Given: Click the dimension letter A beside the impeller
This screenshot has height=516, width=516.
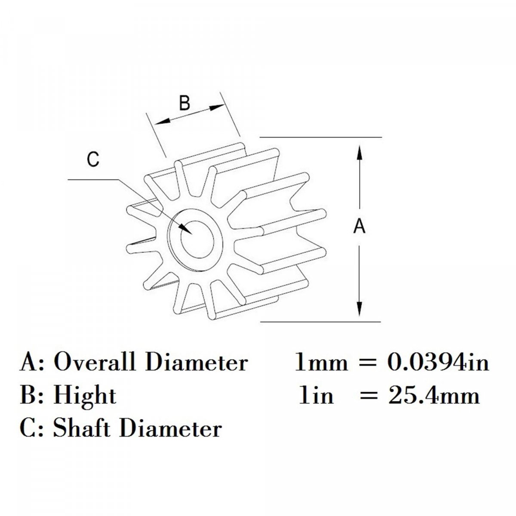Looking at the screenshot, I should coord(359,226).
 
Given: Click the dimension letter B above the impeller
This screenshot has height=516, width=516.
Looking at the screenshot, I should coord(184,104).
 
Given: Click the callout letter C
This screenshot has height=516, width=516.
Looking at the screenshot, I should coord(93,160).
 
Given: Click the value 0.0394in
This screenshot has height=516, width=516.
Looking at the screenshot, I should coord(439,362).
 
